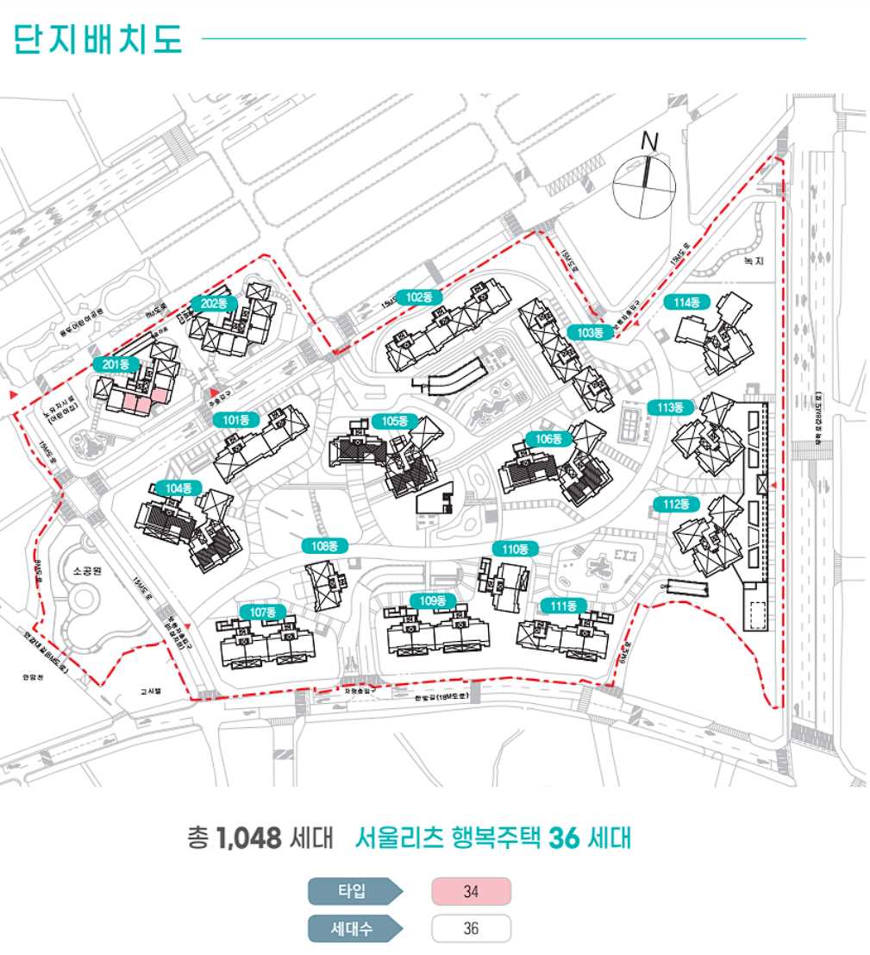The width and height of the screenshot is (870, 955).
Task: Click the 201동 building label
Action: coord(116,365)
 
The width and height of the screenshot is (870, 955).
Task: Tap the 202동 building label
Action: coord(214,304)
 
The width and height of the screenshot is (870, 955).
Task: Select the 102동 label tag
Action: coord(419,298)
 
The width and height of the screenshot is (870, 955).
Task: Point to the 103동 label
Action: coord(590,332)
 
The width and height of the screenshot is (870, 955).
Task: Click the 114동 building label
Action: coord(686,302)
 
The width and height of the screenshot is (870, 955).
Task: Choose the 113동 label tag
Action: coord(670,407)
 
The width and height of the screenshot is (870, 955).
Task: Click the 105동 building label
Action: coord(395,421)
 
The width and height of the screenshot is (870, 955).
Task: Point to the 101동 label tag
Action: coord(235,421)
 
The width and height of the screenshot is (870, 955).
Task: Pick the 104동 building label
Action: coord(178,488)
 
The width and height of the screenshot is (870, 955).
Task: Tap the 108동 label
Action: coord(324,546)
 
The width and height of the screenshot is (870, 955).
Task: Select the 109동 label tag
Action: coord(433,600)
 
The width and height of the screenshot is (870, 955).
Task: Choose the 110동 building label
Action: coord(515,549)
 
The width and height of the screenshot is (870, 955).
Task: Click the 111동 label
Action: coord(563,606)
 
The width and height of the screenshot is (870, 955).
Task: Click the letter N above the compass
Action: coord(650,141)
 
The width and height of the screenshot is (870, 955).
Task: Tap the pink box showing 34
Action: coord(471,892)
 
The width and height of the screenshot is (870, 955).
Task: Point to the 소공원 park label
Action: coord(88,571)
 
